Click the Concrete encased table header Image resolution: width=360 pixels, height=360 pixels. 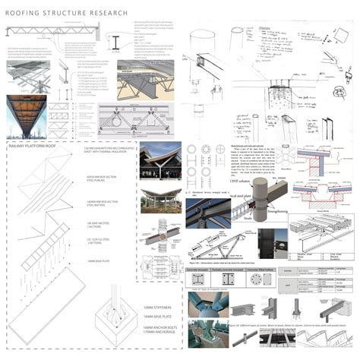(198, 267)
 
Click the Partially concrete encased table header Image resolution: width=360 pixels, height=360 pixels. (232, 267)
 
